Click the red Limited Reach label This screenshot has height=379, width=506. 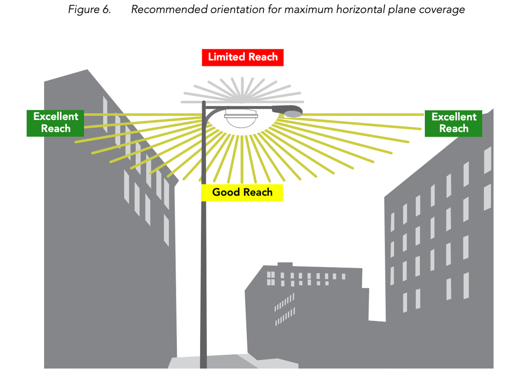[x=243, y=57]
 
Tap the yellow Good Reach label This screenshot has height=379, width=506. [x=242, y=193]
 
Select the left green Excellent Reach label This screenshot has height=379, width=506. [x=56, y=123]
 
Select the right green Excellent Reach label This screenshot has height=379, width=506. [x=454, y=123]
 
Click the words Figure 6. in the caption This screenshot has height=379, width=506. [x=89, y=10]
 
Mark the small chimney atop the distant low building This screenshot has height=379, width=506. [x=285, y=264]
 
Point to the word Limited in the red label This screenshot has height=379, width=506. [x=226, y=57]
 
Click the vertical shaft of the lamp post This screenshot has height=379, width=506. [x=204, y=253]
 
